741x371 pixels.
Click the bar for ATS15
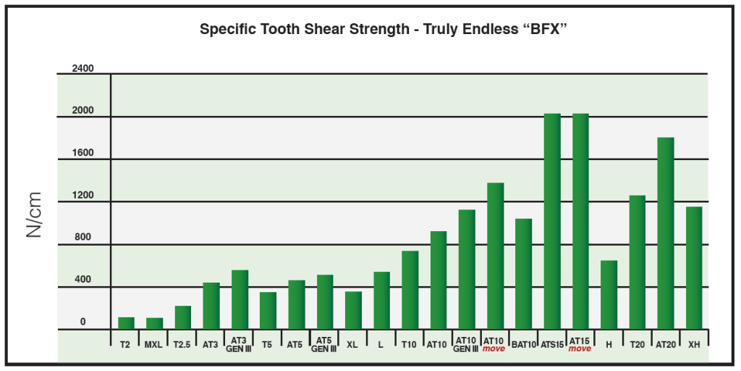click(x=552, y=221)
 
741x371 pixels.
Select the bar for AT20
click(x=665, y=233)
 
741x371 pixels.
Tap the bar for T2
click(x=126, y=323)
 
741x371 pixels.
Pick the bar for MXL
click(x=154, y=324)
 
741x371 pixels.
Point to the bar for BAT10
click(x=523, y=274)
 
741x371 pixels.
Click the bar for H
click(x=609, y=295)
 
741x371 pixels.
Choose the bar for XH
click(x=694, y=268)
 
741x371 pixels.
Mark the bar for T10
click(x=410, y=290)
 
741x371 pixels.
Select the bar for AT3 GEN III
click(x=240, y=300)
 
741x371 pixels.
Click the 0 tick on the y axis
click(x=82, y=322)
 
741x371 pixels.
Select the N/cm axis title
click(x=33, y=215)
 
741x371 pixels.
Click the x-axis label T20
click(x=637, y=344)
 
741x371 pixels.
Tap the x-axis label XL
click(x=352, y=344)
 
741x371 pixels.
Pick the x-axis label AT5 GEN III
click(x=324, y=344)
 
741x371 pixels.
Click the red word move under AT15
click(x=580, y=349)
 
